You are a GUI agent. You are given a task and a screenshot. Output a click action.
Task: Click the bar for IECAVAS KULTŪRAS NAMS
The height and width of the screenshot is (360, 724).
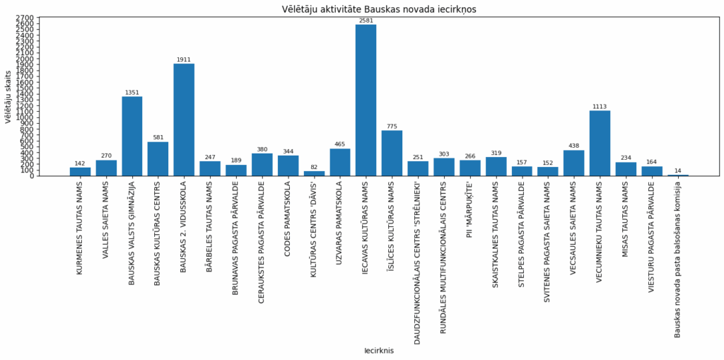pyautogui.click(x=366, y=100)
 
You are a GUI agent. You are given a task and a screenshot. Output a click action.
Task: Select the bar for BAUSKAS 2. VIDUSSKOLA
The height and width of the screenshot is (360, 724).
pyautogui.click(x=184, y=120)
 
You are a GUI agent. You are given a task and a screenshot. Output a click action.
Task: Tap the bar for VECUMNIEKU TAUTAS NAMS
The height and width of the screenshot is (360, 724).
pyautogui.click(x=600, y=143)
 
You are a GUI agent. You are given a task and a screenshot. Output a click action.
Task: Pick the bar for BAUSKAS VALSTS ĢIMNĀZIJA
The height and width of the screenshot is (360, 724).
pyautogui.click(x=132, y=136)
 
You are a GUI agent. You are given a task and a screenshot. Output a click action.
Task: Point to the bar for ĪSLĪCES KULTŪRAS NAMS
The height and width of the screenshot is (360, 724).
pyautogui.click(x=392, y=153)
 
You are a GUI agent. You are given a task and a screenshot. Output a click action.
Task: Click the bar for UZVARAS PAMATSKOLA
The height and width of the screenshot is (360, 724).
pyautogui.click(x=340, y=162)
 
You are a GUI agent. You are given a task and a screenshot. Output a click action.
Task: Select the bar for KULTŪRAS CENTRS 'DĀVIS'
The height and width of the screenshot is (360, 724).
pyautogui.click(x=314, y=173)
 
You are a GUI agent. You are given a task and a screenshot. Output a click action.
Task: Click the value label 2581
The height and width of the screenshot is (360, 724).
pyautogui.click(x=366, y=21)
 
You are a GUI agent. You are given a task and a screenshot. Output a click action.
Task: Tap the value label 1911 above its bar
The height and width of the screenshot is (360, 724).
pyautogui.click(x=184, y=60)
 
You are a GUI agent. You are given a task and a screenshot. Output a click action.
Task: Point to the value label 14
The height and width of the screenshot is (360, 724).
pyautogui.click(x=678, y=170)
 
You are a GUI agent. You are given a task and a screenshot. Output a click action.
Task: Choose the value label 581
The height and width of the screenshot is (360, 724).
pyautogui.click(x=158, y=138)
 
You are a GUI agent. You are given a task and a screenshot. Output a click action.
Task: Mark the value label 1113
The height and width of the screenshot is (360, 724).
pyautogui.click(x=600, y=107)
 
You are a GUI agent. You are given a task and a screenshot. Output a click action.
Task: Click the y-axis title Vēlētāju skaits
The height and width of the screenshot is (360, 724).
pyautogui.click(x=8, y=96)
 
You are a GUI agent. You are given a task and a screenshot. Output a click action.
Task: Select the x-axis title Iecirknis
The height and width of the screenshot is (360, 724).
pyautogui.click(x=379, y=351)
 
